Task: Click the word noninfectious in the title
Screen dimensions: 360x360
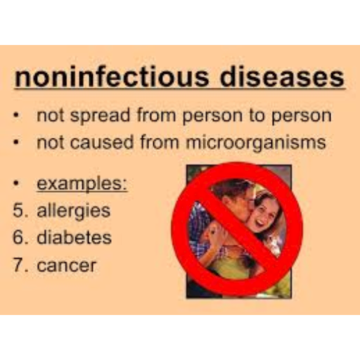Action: (x=112, y=77)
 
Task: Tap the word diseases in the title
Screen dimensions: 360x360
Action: (x=282, y=77)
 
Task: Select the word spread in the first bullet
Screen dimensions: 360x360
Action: (x=100, y=115)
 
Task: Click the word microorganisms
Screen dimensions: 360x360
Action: (x=256, y=143)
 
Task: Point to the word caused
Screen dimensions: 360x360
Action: (x=102, y=143)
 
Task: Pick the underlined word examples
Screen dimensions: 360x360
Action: (x=82, y=184)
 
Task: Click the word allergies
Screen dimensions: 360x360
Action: (x=74, y=211)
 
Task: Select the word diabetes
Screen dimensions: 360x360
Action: (x=74, y=238)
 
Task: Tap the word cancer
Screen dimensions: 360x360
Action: (x=67, y=266)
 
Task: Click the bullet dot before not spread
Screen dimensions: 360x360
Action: (x=16, y=115)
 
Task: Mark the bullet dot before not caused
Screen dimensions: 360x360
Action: (x=16, y=142)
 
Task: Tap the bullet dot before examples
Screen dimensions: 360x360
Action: (x=16, y=184)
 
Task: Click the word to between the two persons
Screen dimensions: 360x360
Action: (x=257, y=115)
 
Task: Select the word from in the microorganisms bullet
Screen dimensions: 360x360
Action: (x=160, y=142)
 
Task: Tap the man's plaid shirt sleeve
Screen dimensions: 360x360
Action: (x=200, y=225)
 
